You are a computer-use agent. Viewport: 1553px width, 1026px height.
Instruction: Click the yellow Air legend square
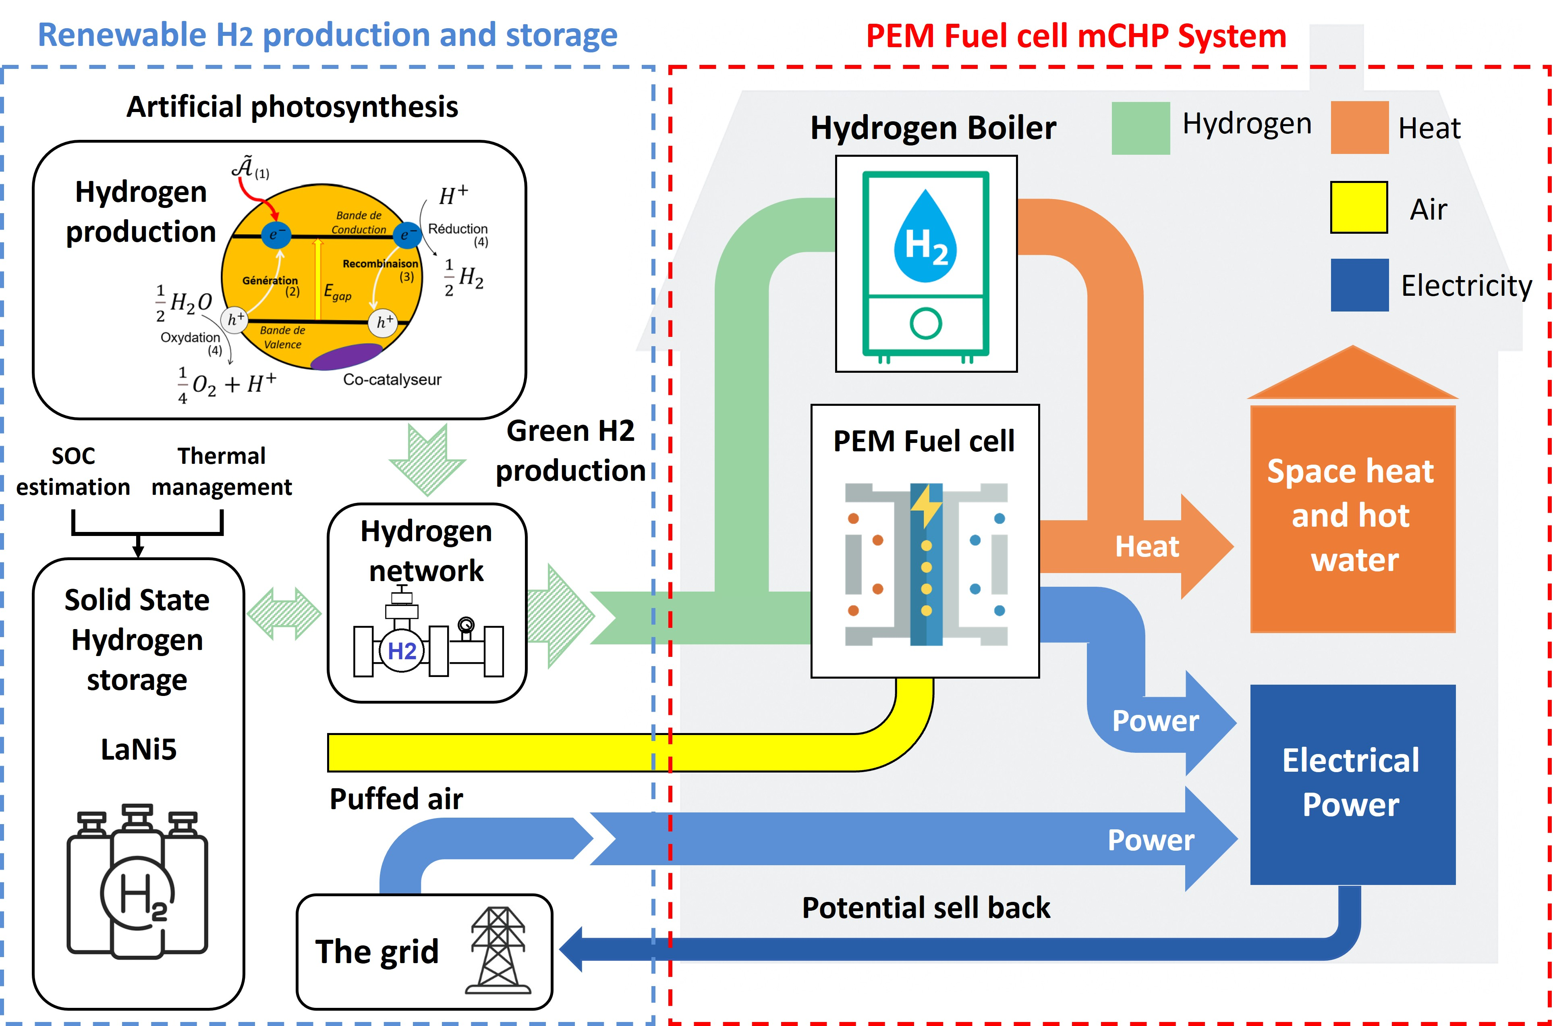point(1359,208)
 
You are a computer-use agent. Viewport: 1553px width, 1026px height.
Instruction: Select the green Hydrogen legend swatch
point(1140,128)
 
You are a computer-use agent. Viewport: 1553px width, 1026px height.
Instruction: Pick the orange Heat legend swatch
point(1359,128)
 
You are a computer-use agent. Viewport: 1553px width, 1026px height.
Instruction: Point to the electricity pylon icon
point(498,950)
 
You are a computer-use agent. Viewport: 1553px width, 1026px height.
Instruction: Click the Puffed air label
point(396,799)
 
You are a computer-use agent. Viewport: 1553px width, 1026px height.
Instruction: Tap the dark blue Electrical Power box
point(1352,784)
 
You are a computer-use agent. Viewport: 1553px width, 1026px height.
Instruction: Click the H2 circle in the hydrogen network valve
point(402,651)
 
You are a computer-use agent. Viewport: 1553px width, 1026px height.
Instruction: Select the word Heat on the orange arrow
point(1147,546)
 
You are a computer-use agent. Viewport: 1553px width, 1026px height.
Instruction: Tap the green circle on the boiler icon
point(926,323)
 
